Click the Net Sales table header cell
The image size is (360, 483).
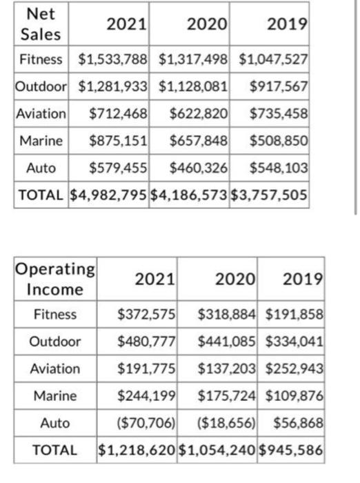coord(41,23)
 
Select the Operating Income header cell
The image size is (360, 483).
coord(55,278)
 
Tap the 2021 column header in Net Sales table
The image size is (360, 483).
coord(128,24)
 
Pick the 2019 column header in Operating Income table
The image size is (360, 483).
coord(303,279)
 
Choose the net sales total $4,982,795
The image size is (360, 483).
coord(109,194)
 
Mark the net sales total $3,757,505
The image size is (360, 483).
coord(270,194)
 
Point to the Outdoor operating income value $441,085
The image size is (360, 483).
coord(227,341)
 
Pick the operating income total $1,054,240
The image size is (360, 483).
coord(217,450)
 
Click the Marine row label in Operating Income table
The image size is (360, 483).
coord(55,395)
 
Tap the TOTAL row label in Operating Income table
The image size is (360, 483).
coord(55,450)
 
